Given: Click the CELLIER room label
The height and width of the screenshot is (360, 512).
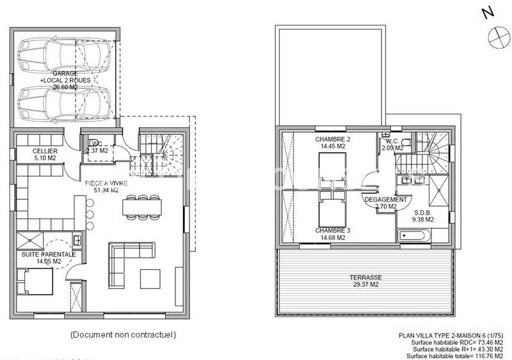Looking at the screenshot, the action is tap(45, 151).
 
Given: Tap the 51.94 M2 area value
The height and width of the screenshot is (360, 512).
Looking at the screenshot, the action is tap(102, 191).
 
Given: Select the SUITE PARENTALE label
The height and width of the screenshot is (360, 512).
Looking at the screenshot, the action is tap(49, 254).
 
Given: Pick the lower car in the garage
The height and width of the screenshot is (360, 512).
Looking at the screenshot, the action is tap(64, 104).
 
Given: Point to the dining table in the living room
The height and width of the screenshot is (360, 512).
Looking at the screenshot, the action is tap(142, 207).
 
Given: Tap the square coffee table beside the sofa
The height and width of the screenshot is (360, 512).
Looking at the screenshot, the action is tap(150, 279).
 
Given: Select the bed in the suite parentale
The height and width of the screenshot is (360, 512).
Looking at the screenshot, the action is tap(35, 281).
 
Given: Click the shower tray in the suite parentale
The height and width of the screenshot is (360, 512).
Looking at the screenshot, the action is tap(29, 240).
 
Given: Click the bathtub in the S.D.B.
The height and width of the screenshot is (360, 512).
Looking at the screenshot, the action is tap(414, 236).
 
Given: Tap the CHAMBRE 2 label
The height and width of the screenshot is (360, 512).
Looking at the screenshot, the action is tap(333, 139).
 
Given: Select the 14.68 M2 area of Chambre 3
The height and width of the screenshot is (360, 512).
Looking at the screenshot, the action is tap(333, 238).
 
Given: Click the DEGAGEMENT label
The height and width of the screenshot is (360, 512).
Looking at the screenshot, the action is tap(386, 200).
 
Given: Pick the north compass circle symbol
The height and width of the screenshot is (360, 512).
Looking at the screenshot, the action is tap(499, 37).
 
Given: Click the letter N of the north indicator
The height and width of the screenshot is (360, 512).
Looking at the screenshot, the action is tap(488, 12).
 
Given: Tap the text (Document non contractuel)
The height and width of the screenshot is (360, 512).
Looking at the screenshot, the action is tap(123, 334).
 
